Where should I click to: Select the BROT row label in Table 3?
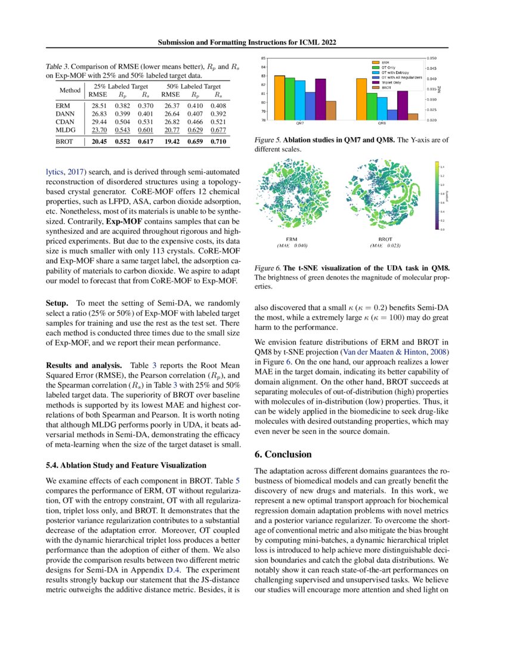pyautogui.click(x=65, y=143)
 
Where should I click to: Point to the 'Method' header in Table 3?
pyautogui.click(x=70, y=91)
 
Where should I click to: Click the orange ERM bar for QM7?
pyautogui.click(x=279, y=98)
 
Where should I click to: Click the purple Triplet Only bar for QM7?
pyautogui.click(x=320, y=99)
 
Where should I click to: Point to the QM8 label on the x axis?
pyautogui.click(x=381, y=124)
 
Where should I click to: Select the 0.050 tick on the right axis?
pyautogui.click(x=433, y=58)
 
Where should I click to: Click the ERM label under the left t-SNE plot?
pyautogui.click(x=292, y=239)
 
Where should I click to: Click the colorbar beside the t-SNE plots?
pyautogui.click(x=437, y=195)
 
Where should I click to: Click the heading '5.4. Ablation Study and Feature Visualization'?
pyautogui.click(x=126, y=465)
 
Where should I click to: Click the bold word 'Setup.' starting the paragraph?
pyautogui.click(x=58, y=303)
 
